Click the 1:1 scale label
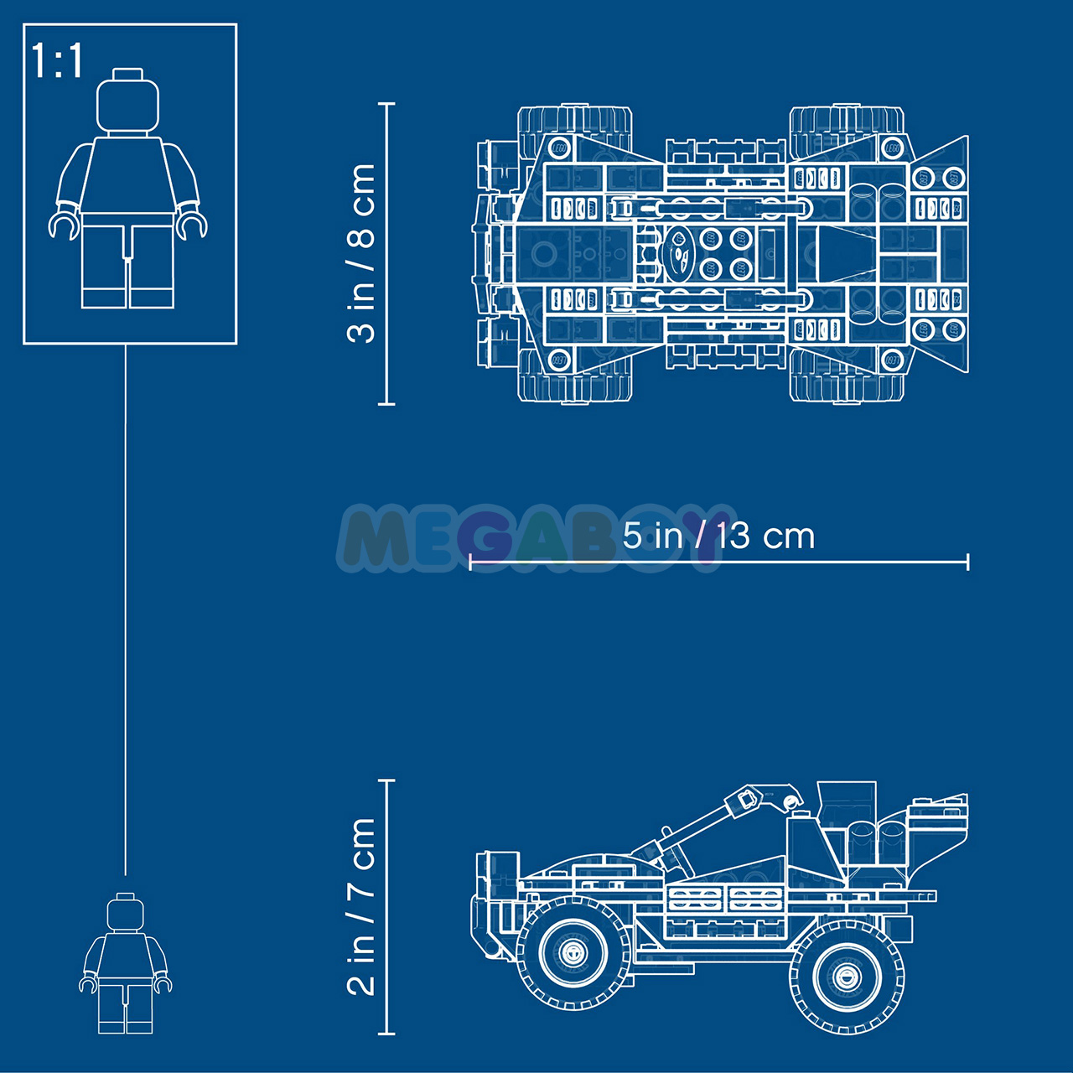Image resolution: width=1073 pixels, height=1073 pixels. pyautogui.click(x=57, y=60)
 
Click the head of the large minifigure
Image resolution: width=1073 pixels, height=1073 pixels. pyautogui.click(x=127, y=102)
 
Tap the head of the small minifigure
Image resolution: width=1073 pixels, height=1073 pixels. pyautogui.click(x=125, y=913)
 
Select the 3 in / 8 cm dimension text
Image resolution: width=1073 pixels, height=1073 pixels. pyautogui.click(x=360, y=253)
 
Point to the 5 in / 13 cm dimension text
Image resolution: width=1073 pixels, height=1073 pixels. pyautogui.click(x=718, y=536)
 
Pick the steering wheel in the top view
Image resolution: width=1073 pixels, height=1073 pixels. pyautogui.click(x=679, y=253)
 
